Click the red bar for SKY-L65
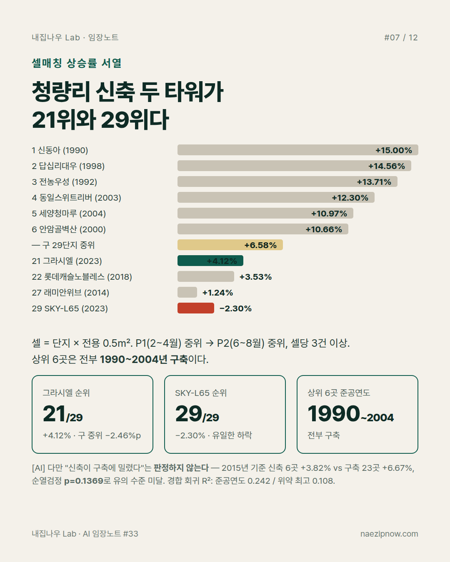click(195, 308)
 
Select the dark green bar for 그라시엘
click(210, 261)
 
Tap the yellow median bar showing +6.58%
click(230, 245)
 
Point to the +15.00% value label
click(394, 150)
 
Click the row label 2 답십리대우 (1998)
click(68, 166)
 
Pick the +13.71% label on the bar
click(374, 182)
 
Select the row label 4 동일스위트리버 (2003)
click(77, 198)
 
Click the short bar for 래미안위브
click(187, 292)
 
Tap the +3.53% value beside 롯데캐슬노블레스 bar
click(256, 277)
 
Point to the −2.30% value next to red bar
click(235, 308)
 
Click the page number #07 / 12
click(401, 37)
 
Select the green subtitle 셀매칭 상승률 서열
click(77, 63)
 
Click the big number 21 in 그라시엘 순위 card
click(54, 414)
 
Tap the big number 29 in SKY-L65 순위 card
click(189, 414)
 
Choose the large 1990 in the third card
click(334, 414)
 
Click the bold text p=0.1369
click(84, 481)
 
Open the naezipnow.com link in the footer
click(389, 534)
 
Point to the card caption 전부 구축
click(324, 435)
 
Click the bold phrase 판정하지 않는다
click(181, 468)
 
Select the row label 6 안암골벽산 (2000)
click(69, 229)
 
